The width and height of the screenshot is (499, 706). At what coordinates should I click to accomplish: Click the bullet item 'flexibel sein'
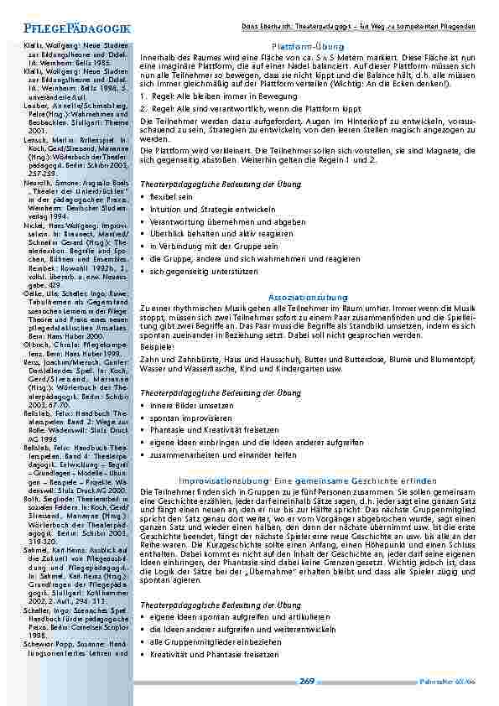[172, 196]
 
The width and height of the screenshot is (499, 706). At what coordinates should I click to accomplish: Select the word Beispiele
[157, 346]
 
